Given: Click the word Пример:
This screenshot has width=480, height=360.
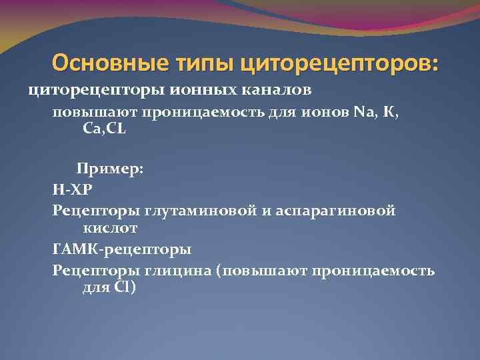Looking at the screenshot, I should pos(109,169).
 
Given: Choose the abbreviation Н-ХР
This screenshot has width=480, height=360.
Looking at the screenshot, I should pos(74,189).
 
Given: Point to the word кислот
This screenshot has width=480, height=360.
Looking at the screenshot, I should pos(109,228).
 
